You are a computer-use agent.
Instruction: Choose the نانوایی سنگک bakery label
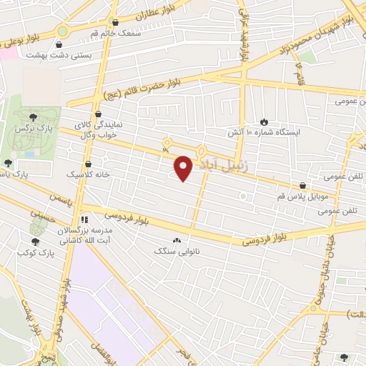click(177, 252)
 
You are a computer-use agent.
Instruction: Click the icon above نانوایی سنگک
click(177, 241)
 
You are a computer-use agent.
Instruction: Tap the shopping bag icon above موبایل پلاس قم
click(303, 185)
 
